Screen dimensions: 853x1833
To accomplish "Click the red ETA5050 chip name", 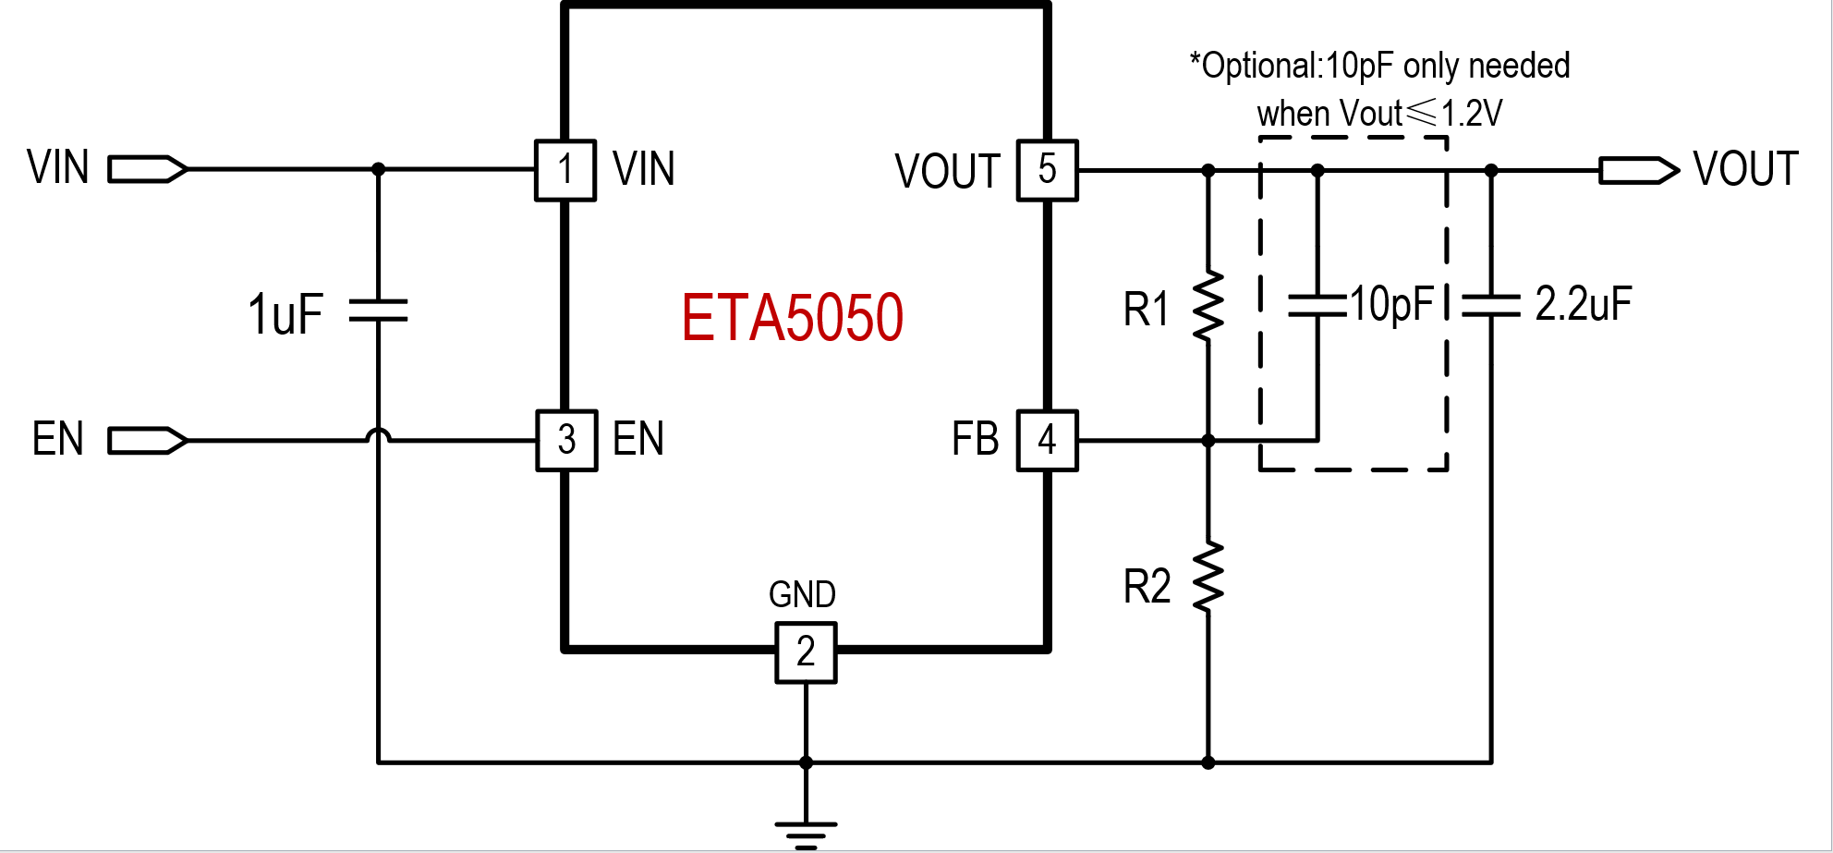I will [x=792, y=318].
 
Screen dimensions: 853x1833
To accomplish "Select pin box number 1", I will [x=564, y=170].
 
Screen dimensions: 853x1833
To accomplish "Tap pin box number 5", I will [x=1047, y=170].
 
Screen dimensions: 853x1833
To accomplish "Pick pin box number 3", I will [x=566, y=440].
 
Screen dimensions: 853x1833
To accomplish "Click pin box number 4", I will [x=1047, y=440].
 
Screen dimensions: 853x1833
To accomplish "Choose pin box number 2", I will [x=806, y=652].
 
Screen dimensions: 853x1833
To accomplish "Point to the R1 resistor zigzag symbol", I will [x=1208, y=306].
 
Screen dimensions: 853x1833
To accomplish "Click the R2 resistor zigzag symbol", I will [x=1208, y=578].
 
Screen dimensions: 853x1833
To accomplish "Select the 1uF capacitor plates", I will [x=378, y=310].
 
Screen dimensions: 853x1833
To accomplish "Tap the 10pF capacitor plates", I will [x=1317, y=306].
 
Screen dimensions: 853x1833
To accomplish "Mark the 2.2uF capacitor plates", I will [x=1491, y=306].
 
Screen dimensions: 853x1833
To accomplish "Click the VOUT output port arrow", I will [x=1639, y=170].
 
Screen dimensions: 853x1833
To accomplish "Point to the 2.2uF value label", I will [x=1583, y=304].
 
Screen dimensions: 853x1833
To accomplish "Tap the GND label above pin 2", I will [x=802, y=594].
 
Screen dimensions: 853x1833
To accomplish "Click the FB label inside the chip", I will [x=975, y=440].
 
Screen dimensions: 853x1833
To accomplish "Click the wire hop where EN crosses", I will [x=378, y=436].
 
